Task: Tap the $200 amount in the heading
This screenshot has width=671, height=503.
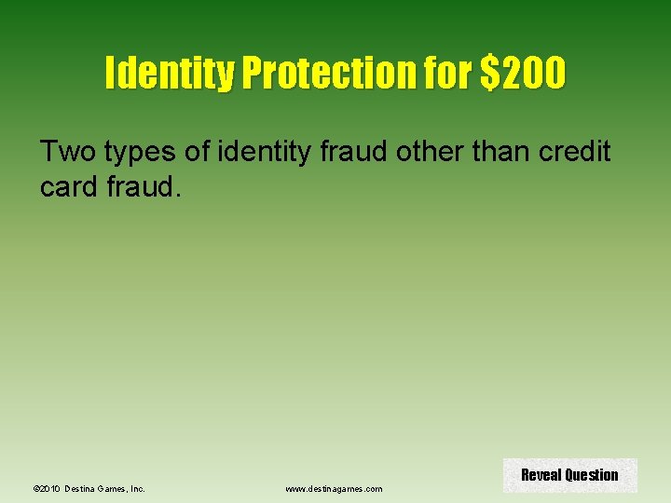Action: coord(522,74)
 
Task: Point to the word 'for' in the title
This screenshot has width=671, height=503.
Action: coord(450,74)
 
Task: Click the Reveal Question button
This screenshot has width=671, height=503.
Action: coord(569,475)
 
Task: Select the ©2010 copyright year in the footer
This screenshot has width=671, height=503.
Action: coord(46,488)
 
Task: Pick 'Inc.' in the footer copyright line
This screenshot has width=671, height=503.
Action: coord(138,488)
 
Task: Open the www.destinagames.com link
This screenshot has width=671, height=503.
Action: coord(334,488)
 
